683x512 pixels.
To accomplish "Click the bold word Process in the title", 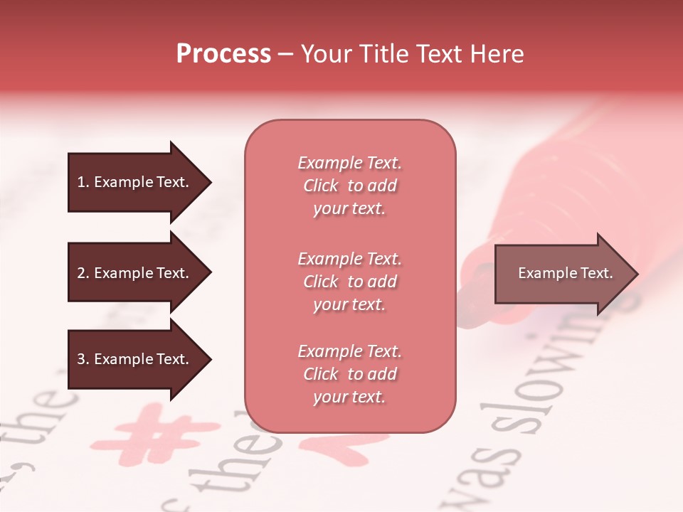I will coord(223,54).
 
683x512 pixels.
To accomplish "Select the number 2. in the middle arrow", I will coord(83,273).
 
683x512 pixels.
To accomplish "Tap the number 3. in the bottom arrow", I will coord(83,359).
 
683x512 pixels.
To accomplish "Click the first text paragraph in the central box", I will coord(349,186).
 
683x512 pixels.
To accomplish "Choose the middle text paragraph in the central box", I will coord(349,282).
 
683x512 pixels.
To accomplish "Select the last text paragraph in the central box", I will coord(349,374).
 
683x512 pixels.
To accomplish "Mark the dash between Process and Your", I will coord(285,55).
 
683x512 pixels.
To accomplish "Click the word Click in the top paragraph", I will coord(321,186).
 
